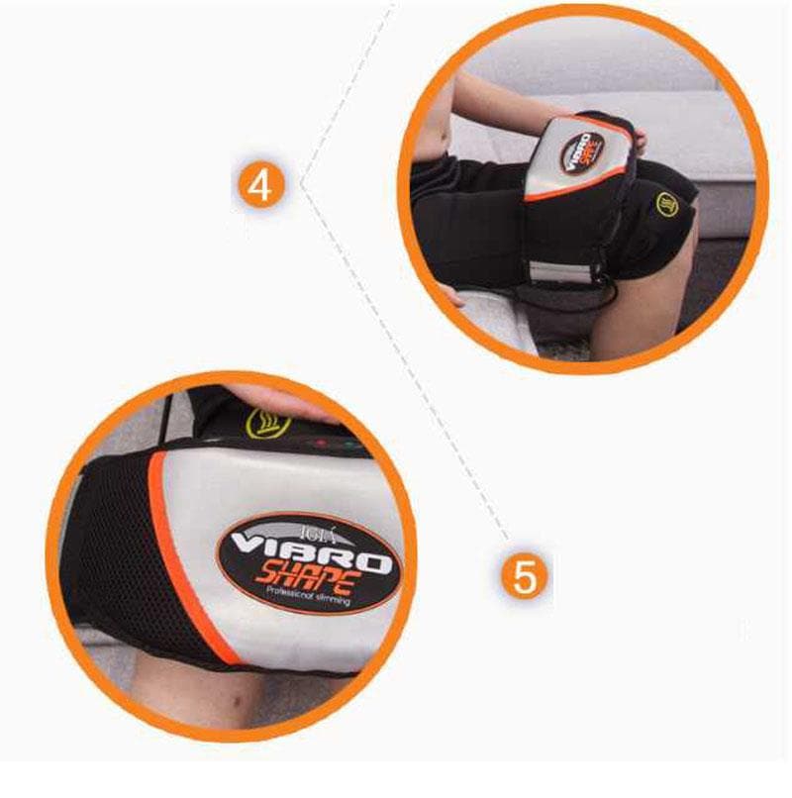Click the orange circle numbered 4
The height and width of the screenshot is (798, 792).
click(258, 185)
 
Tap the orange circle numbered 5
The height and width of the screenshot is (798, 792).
click(524, 574)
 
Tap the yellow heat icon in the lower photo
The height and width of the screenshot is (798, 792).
click(264, 424)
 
